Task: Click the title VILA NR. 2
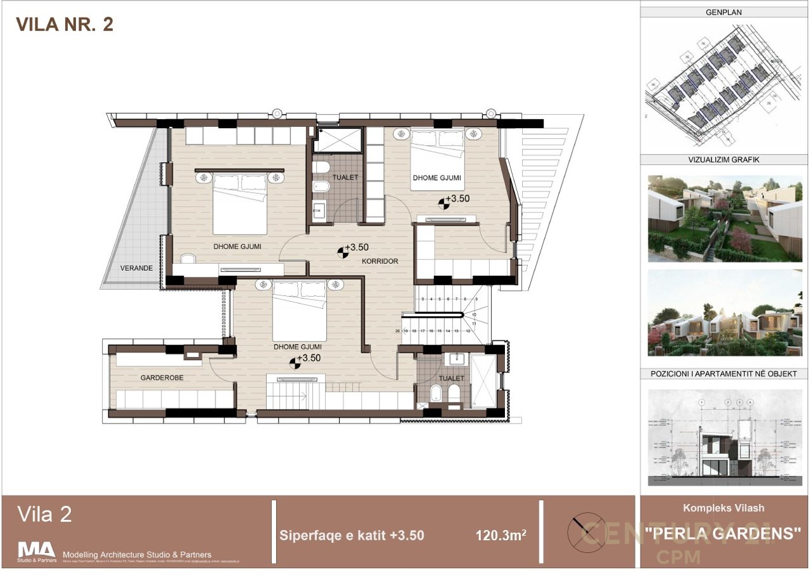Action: (65, 25)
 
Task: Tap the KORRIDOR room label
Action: (380, 261)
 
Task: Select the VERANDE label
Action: (137, 268)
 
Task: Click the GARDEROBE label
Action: (162, 377)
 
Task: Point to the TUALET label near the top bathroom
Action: (345, 178)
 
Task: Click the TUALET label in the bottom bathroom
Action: (450, 378)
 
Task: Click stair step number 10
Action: (474, 314)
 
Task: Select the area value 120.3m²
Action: (501, 535)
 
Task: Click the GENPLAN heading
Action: (723, 12)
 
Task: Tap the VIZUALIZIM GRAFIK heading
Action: (723, 160)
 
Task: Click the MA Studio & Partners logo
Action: (36, 551)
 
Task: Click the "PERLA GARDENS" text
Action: (723, 533)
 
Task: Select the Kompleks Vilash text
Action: (723, 508)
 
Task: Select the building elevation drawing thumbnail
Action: (723, 437)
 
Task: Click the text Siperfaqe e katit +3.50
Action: (352, 535)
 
